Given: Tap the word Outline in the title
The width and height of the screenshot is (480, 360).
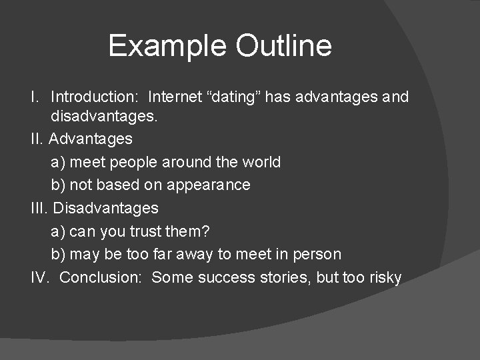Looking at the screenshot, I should click(283, 46).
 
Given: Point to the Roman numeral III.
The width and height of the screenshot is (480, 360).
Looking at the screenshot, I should click(39, 208).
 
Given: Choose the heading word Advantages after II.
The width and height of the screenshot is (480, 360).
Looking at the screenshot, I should click(91, 139).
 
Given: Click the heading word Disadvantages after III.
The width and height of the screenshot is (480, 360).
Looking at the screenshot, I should click(105, 208).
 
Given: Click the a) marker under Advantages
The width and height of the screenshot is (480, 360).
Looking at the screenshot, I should click(57, 162).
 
